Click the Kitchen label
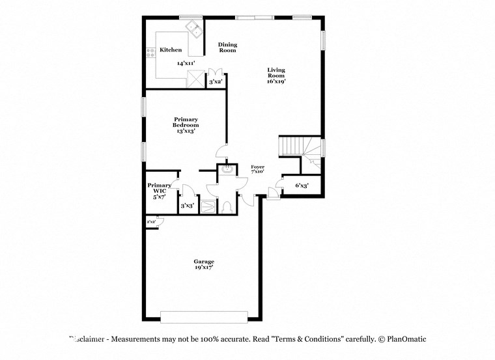point(171,49)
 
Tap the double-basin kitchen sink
point(193,27)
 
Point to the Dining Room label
point(227,48)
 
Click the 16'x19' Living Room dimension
point(276,82)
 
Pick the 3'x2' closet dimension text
point(216,82)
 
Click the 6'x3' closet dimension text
point(302,186)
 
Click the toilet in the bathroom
point(226,208)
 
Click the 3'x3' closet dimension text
point(187,205)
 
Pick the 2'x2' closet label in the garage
point(152,222)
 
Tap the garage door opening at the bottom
point(204,316)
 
